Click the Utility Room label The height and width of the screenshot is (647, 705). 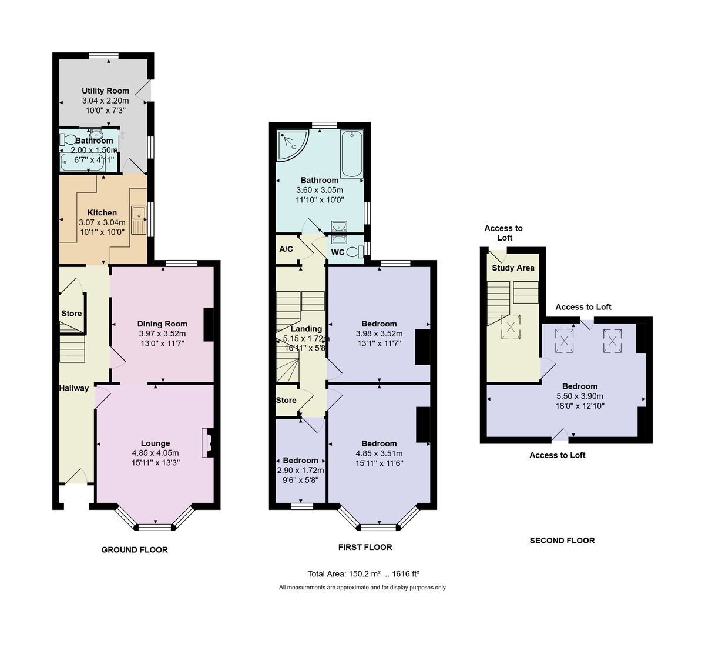105,91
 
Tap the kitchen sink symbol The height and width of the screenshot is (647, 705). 139,220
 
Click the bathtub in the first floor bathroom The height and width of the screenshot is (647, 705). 352,154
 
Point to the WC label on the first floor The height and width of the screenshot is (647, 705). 338,252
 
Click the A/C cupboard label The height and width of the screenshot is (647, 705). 286,249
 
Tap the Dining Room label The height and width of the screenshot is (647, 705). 162,323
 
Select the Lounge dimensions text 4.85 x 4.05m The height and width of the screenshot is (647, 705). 156,453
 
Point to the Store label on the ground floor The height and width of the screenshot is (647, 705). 72,314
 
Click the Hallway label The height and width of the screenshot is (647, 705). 74,388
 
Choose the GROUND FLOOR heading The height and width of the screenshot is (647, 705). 135,550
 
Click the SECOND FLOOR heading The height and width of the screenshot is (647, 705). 562,541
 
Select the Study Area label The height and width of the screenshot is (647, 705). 513,268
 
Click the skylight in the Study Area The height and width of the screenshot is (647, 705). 510,327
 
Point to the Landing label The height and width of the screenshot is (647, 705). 306,329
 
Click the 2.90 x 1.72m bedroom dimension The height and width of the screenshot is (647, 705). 300,470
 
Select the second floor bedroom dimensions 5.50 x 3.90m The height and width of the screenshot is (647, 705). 580,396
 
